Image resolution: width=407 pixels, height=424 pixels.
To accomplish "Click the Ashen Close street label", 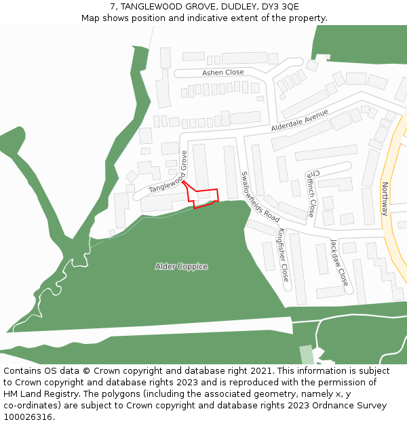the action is pos(222,73).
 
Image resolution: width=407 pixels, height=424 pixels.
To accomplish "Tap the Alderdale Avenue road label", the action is pos(299,120).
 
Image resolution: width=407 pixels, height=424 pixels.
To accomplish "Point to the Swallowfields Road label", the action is pos(260,197).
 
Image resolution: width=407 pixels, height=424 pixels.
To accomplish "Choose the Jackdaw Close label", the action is pos(338,262).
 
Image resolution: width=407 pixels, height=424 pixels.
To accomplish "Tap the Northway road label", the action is pos(385,199).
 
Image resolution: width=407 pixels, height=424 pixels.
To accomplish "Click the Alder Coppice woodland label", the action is pos(181,267).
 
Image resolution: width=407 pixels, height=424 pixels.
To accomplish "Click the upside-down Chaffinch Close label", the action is pos(310,192).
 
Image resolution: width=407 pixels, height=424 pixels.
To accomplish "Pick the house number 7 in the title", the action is pos(113,6).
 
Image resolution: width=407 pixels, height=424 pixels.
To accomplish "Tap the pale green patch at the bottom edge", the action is pos(307,355).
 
